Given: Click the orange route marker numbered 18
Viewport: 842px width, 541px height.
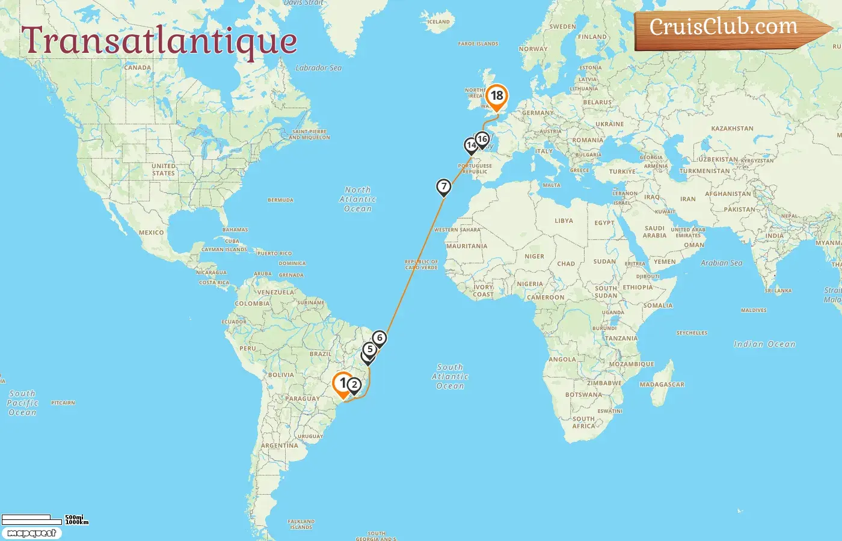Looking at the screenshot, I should pyautogui.click(x=497, y=96).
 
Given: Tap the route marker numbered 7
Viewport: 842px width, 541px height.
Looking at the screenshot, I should pyautogui.click(x=443, y=187).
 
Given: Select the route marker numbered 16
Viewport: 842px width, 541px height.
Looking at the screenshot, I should pyautogui.click(x=482, y=139).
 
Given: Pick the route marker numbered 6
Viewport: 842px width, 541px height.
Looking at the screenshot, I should pyautogui.click(x=380, y=338).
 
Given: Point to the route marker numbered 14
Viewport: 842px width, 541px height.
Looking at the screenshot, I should pyautogui.click(x=471, y=145).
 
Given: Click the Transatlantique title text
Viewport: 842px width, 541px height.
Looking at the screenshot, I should pyautogui.click(x=159, y=41).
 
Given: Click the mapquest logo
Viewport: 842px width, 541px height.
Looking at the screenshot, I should pyautogui.click(x=31, y=533).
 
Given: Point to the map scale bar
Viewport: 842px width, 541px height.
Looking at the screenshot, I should pyautogui.click(x=33, y=518).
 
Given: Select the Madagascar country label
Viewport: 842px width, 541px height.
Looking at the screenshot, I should pyautogui.click(x=662, y=385).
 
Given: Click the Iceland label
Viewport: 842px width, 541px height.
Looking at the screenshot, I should pyautogui.click(x=438, y=22).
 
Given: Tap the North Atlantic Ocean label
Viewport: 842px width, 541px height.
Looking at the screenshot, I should pyautogui.click(x=358, y=199).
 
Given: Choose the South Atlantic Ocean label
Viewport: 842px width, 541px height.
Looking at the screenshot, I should pyautogui.click(x=450, y=376).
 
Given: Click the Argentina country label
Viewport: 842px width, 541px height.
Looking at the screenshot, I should pyautogui.click(x=280, y=446).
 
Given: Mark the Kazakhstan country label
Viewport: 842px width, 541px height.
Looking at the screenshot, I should pyautogui.click(x=732, y=129).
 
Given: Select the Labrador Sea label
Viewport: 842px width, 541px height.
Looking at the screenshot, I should pyautogui.click(x=319, y=68).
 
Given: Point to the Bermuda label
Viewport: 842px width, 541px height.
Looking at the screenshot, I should pyautogui.click(x=280, y=200).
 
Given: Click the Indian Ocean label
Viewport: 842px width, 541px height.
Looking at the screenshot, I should pyautogui.click(x=764, y=344).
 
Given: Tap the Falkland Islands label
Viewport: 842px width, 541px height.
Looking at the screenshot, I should pyautogui.click(x=301, y=524).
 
